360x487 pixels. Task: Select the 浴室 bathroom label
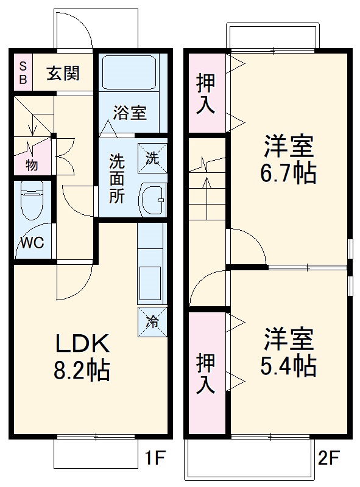(130, 113)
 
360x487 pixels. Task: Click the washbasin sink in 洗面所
(152, 199)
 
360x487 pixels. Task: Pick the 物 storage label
(32, 164)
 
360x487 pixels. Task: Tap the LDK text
(83, 345)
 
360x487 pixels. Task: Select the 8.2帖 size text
(83, 370)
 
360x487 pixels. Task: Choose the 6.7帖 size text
(289, 173)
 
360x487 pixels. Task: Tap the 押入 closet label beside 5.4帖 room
(206, 374)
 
